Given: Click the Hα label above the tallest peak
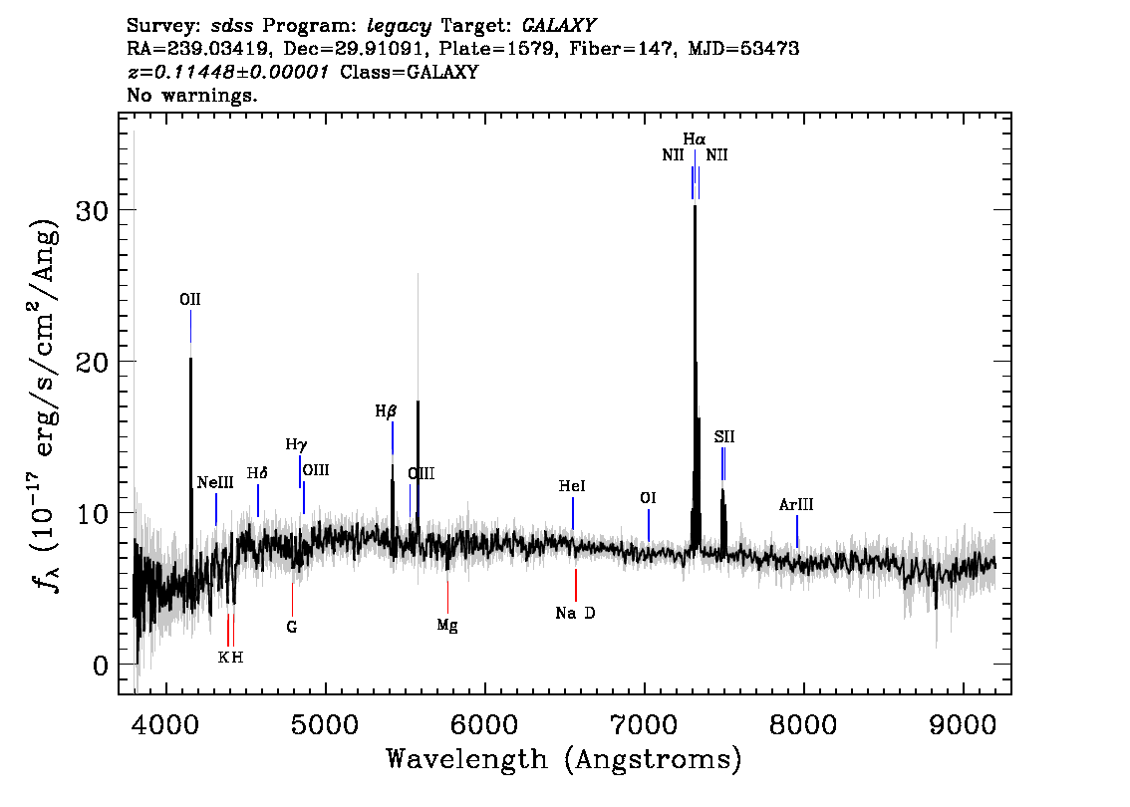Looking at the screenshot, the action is tap(695, 138).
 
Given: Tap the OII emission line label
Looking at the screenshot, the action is tap(190, 299).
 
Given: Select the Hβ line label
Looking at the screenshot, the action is tap(387, 411).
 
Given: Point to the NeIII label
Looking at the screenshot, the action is tap(215, 482).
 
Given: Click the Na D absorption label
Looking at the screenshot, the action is tap(575, 613).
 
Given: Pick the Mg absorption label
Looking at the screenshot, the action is tap(447, 626).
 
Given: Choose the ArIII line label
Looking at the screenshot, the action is tap(796, 504).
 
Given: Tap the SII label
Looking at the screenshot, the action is tap(724, 436).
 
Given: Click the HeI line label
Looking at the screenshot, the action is tap(572, 486).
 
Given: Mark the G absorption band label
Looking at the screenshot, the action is tap(292, 627).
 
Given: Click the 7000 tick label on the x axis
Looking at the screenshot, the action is tap(645, 725).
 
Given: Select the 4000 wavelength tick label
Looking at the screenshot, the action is tap(166, 725).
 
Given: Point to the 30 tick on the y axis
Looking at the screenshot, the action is tap(92, 211).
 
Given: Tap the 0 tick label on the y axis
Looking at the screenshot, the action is tap(101, 666).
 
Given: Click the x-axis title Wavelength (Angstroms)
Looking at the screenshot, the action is tap(564, 760).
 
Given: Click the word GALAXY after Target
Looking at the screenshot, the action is tap(559, 26).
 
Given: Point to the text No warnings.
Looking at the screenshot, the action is tap(191, 95).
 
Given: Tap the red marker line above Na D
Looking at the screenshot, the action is tap(576, 585).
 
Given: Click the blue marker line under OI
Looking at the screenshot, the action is tap(649, 525).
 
